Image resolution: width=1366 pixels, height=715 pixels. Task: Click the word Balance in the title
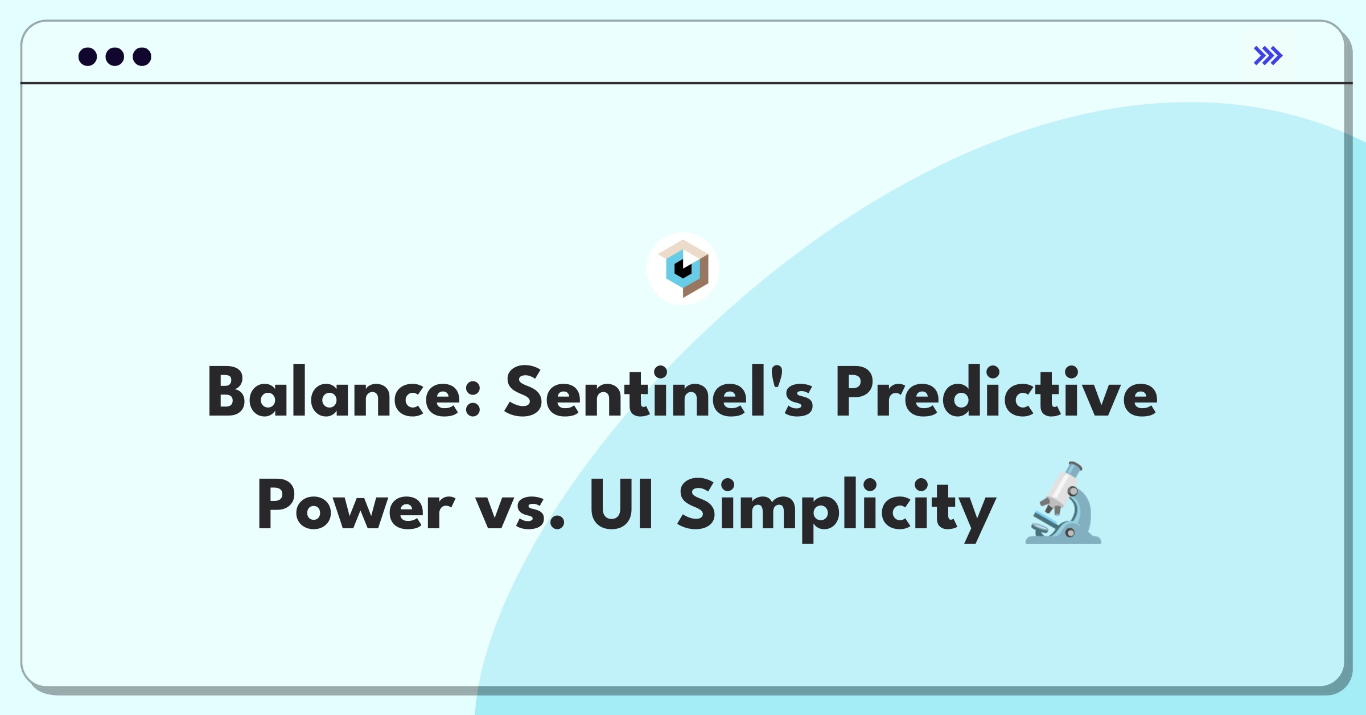[x=344, y=392]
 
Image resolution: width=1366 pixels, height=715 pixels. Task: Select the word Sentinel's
[x=659, y=392]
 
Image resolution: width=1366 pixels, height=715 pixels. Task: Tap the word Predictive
[x=996, y=392]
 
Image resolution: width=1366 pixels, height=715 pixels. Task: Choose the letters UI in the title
[x=621, y=504]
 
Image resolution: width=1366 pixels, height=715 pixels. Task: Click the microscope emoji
[x=1063, y=503]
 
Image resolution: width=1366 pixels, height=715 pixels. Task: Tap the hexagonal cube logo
[x=683, y=269]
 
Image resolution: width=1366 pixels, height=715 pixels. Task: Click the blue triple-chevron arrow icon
[x=1268, y=56]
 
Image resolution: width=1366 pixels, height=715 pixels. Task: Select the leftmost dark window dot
[x=88, y=57]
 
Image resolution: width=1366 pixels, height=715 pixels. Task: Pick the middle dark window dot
[x=115, y=57]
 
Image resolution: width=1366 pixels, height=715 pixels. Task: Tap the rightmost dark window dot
[x=142, y=57]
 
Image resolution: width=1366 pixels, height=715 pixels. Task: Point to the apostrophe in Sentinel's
[x=775, y=375]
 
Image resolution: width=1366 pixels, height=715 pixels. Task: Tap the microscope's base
[x=1063, y=539]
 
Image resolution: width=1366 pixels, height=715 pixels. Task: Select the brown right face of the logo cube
[x=696, y=277]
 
